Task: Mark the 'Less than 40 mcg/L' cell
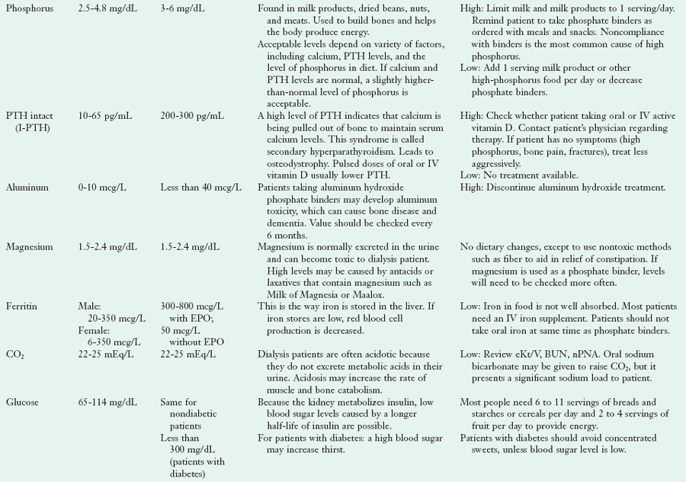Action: pos(201,187)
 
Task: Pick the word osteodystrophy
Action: pos(297,162)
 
